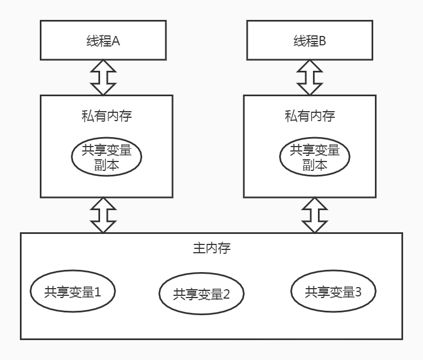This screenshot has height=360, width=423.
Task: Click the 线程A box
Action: point(103,40)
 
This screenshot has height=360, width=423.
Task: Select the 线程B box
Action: point(310,40)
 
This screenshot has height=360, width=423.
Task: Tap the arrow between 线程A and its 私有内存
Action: point(103,77)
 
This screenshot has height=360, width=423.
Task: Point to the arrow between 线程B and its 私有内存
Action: point(310,77)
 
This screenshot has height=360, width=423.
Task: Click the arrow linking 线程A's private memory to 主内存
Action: point(103,215)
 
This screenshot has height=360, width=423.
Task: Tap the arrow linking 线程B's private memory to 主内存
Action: point(315,215)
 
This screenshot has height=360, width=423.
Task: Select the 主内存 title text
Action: point(211,248)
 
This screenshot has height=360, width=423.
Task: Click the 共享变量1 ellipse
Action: point(73,291)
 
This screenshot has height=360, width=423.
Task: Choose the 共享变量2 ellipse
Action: point(201,294)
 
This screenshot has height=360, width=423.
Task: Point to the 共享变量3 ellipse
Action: point(333,291)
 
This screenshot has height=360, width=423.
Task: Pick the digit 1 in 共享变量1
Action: point(98,291)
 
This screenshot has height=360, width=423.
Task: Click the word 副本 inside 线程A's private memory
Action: point(106,164)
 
